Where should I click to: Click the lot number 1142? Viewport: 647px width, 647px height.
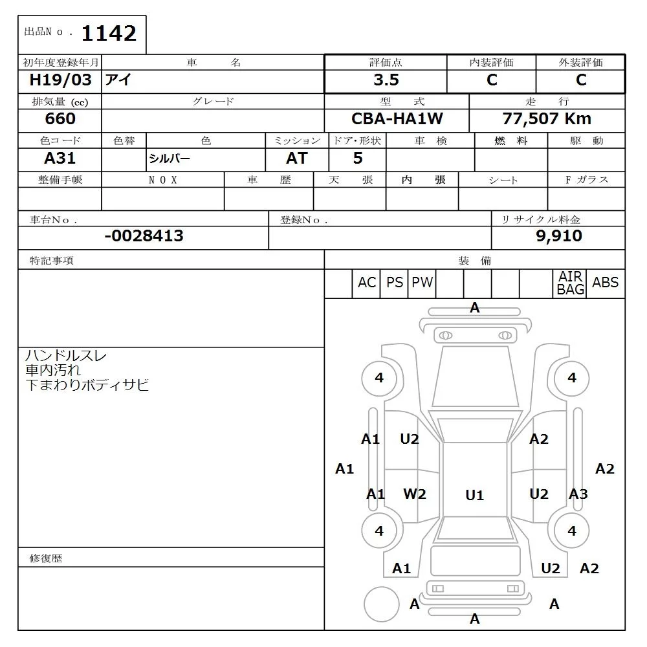108,33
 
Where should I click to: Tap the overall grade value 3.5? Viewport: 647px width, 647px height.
386,80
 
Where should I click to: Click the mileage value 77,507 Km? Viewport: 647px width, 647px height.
547,119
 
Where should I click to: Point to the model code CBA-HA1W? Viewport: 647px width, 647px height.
397,119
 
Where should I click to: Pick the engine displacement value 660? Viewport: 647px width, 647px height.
60,119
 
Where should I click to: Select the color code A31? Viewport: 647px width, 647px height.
60,159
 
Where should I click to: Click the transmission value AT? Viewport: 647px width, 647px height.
296,159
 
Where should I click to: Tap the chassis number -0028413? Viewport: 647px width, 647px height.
144,236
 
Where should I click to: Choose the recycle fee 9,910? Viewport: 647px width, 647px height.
558,236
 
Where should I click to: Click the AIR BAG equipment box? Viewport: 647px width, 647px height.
570,283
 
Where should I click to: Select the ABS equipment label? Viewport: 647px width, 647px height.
605,283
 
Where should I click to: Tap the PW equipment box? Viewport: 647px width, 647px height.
422,283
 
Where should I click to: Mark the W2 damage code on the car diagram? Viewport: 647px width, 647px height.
415,494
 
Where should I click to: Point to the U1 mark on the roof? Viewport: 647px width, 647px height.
474,496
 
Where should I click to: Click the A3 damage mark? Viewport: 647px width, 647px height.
578,494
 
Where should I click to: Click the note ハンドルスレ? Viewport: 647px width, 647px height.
65,356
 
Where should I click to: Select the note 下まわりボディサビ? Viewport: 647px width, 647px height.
87,386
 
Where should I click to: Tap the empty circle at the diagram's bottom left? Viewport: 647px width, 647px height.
381,605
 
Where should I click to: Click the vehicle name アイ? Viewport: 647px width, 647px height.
118,80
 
